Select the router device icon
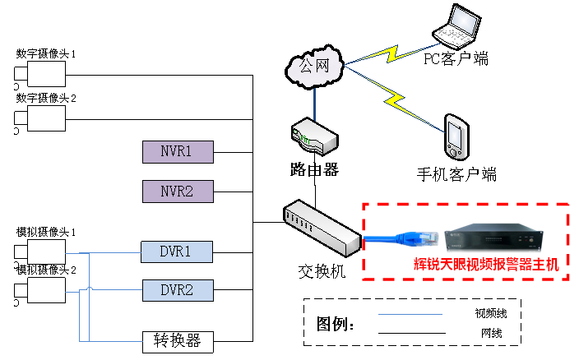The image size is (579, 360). point(313,136)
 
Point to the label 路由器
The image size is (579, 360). point(314,170)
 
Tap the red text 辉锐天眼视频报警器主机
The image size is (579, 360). point(485,265)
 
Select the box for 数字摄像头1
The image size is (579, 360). point(46,76)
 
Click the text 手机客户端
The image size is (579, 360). point(456,174)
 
